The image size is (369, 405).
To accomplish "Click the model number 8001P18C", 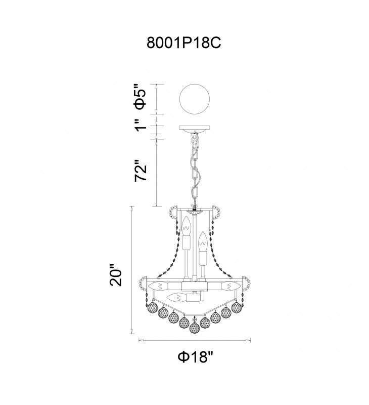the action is click(183, 43).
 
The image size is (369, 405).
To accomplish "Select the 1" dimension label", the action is click(142, 125).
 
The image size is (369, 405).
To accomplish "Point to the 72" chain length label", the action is click(141, 171).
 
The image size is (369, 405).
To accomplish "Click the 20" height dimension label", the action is click(116, 274).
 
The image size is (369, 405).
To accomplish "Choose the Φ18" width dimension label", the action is click(196, 357).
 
